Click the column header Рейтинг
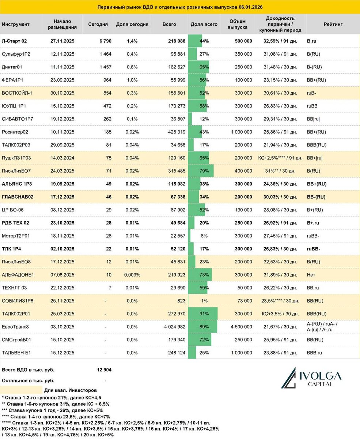coord(333,25)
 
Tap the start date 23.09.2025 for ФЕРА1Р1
coord(62,80)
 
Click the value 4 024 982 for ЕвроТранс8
coord(173,327)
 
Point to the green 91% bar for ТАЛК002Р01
coord(203,314)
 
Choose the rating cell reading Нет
coord(311,275)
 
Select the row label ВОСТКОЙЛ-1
coord(17,93)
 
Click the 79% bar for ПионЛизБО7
coord(201,171)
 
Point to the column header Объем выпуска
coord(238,25)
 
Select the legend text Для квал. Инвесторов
coord(69,390)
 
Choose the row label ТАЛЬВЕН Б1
coord(17,353)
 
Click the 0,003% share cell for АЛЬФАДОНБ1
coord(132,275)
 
